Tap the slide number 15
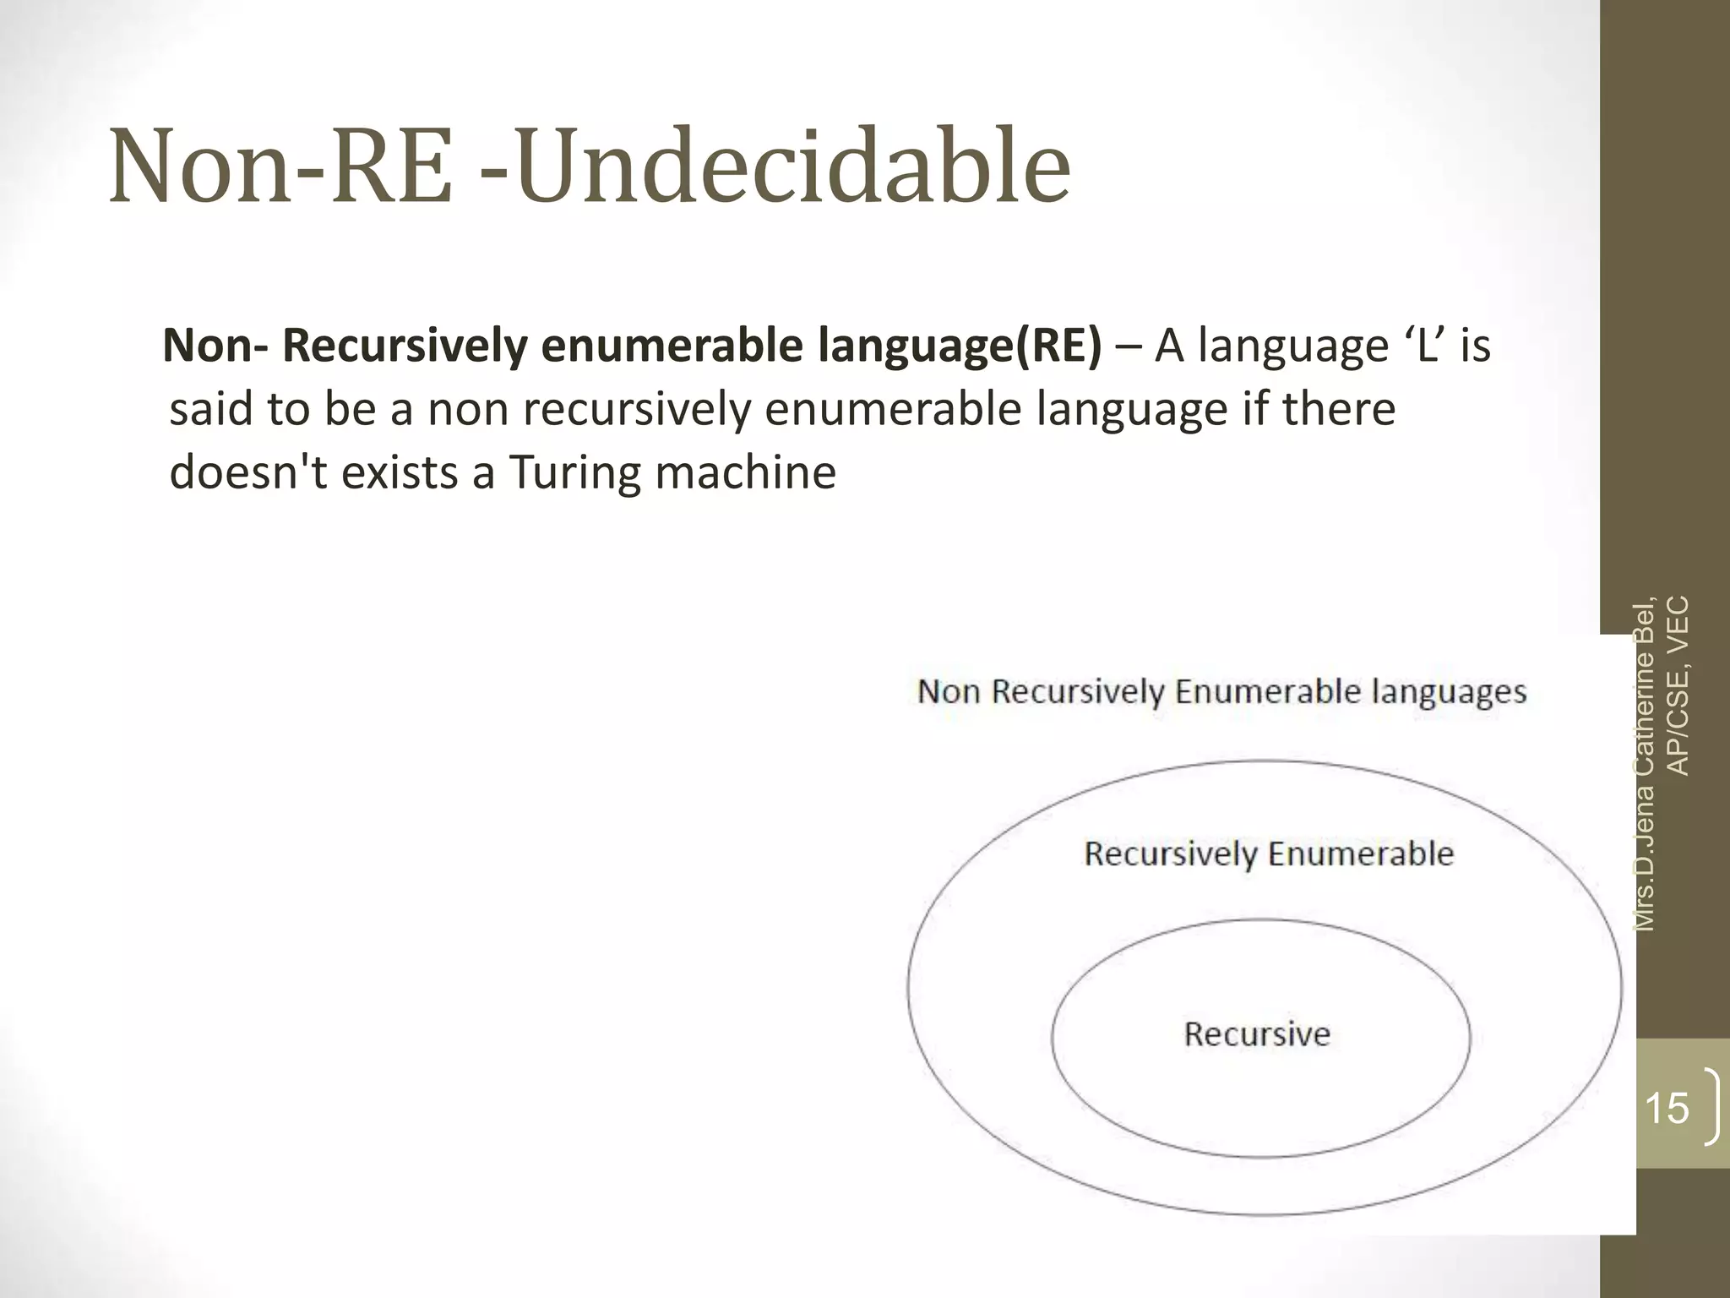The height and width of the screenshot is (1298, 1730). (x=1667, y=1108)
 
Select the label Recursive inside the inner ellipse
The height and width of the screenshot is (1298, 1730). (x=1257, y=1034)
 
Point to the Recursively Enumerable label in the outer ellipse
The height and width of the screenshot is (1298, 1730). (x=1269, y=854)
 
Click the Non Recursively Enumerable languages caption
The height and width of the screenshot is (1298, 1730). (x=1221, y=692)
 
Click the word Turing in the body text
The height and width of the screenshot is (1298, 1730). (x=575, y=472)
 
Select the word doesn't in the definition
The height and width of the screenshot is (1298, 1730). (x=248, y=472)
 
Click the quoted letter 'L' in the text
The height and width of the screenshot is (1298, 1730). (x=1425, y=346)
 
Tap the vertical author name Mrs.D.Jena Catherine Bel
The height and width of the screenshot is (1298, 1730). (x=1645, y=764)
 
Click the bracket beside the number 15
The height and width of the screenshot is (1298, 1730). (x=1711, y=1106)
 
